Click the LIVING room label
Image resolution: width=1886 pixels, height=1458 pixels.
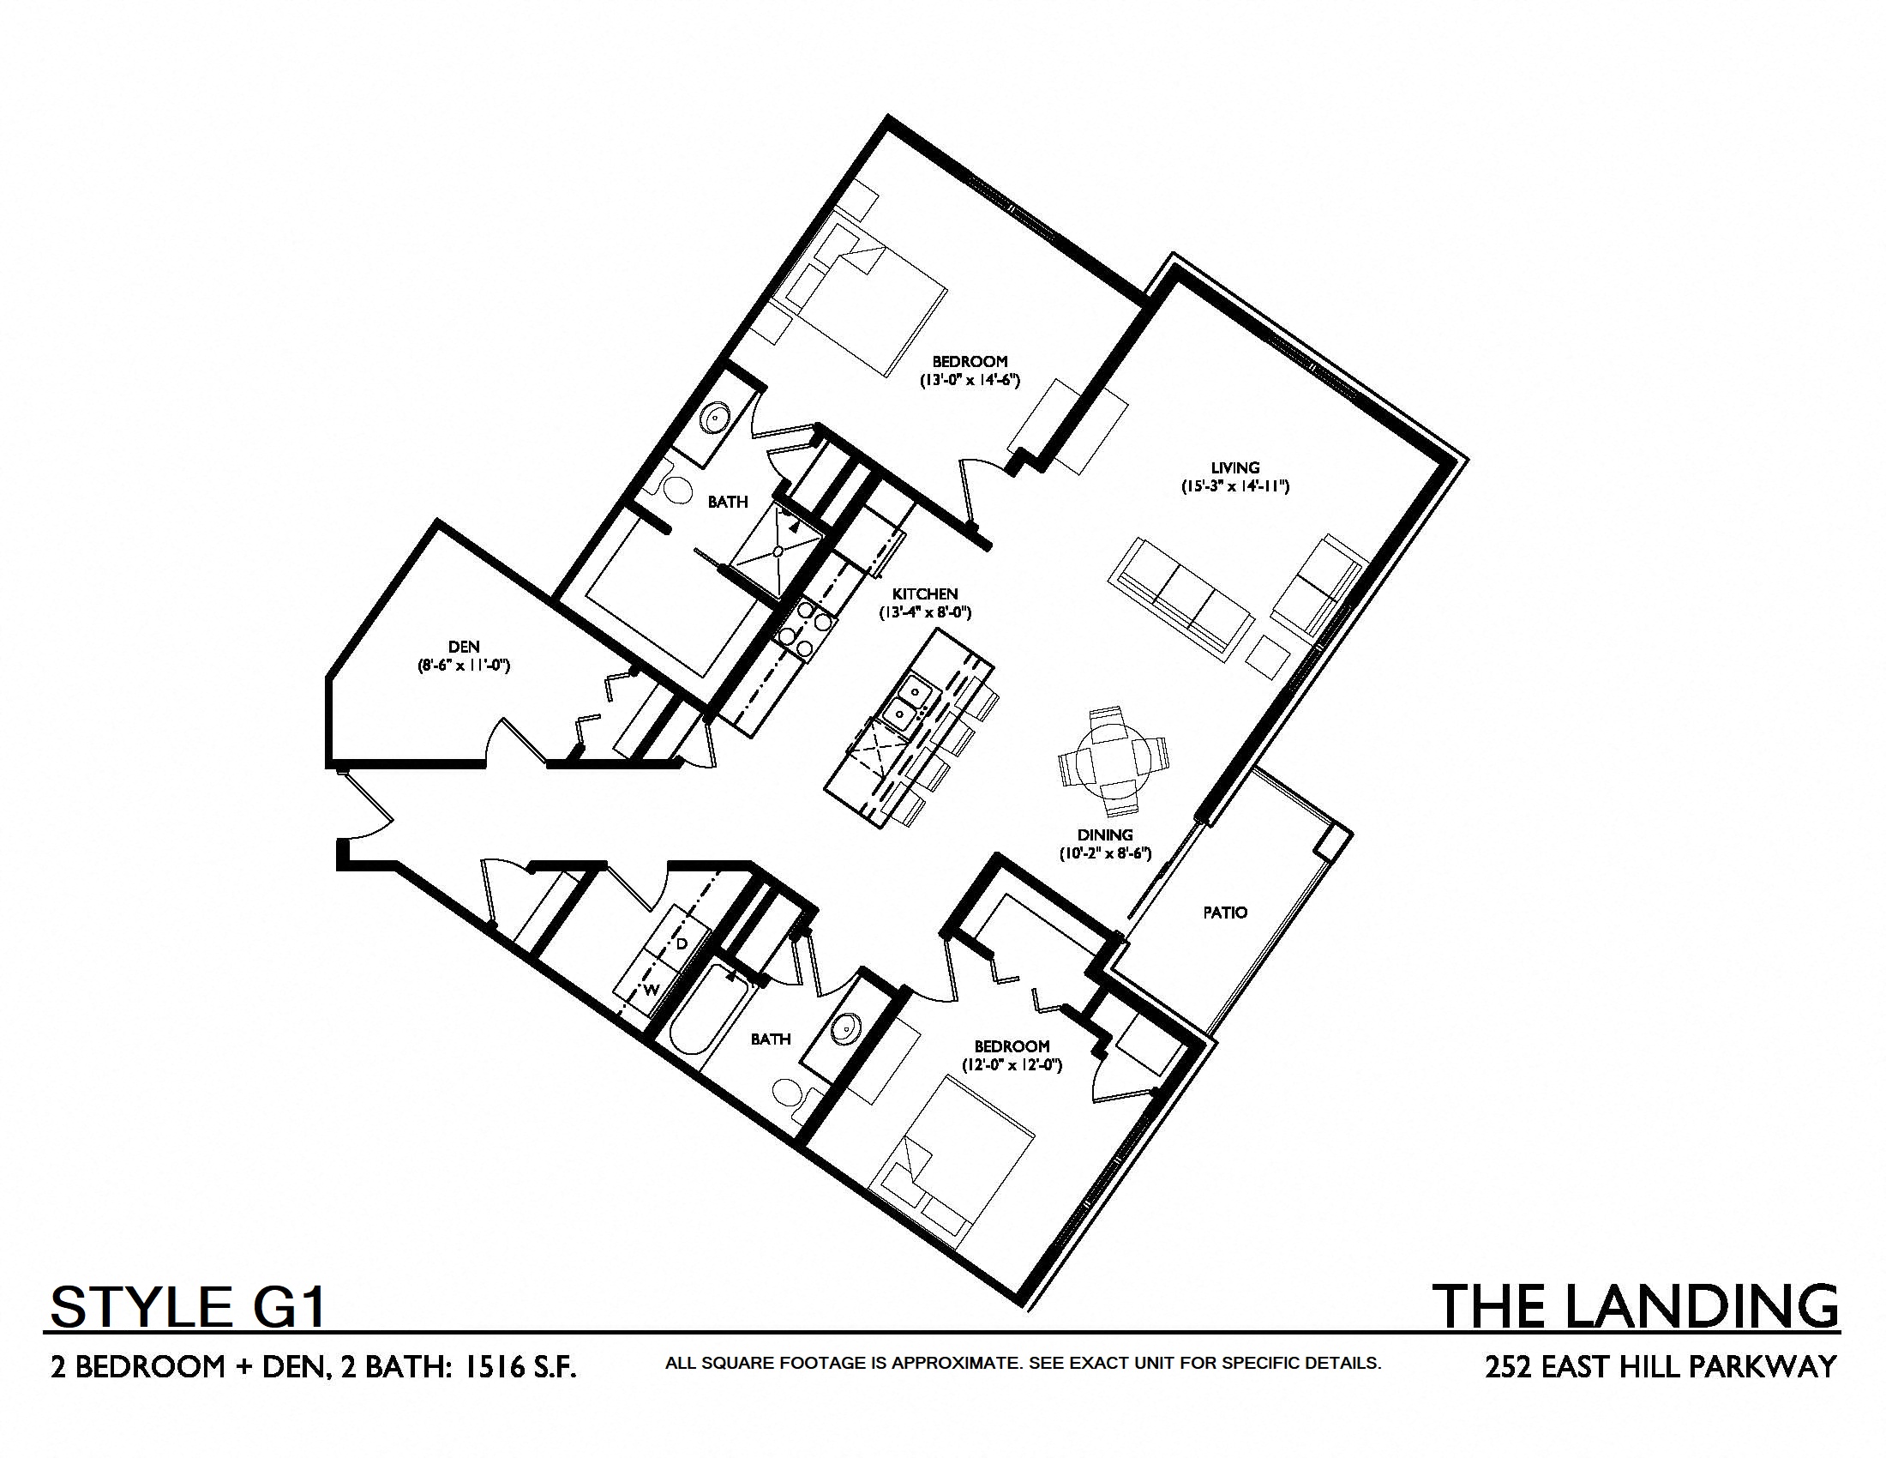tap(1234, 468)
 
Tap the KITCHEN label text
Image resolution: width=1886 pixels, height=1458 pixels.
tap(925, 594)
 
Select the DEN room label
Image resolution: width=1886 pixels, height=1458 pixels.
tap(464, 647)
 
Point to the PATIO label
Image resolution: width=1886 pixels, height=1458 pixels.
tap(1224, 913)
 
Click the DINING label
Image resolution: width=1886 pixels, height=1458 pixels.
tap(1105, 835)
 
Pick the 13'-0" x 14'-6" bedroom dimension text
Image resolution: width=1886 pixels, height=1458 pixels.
tap(970, 379)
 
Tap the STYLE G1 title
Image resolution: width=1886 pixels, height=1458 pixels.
tap(188, 1306)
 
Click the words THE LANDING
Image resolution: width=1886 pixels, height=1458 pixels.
tap(1637, 1305)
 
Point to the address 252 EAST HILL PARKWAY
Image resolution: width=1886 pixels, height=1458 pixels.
tap(1661, 1366)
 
